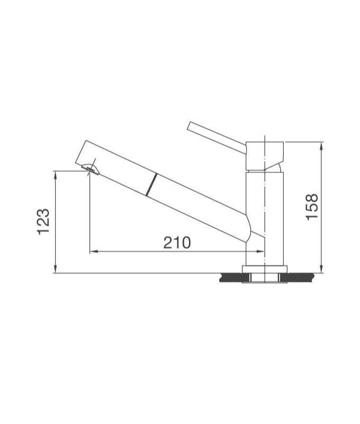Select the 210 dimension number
coord(176,243)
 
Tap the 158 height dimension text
coord(312,207)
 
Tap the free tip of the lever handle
coord(190,126)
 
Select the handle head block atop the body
coord(265,155)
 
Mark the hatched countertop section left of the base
coord(231,277)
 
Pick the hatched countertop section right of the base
coord(299,277)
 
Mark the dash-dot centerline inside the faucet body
coord(265,212)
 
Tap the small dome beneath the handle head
coord(277,166)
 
